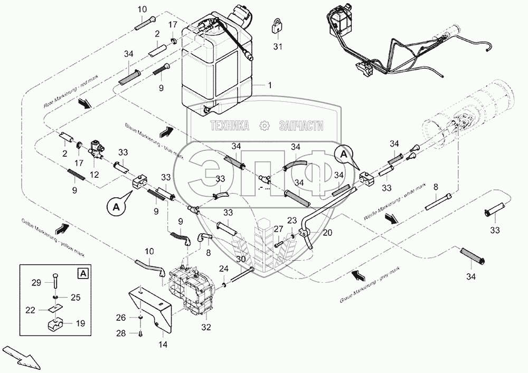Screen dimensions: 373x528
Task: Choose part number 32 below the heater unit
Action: tap(205, 327)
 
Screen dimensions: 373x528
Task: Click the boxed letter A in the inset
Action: tap(82, 273)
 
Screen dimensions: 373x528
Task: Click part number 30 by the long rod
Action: tap(241, 259)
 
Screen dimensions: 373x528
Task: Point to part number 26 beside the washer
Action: tap(121, 317)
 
